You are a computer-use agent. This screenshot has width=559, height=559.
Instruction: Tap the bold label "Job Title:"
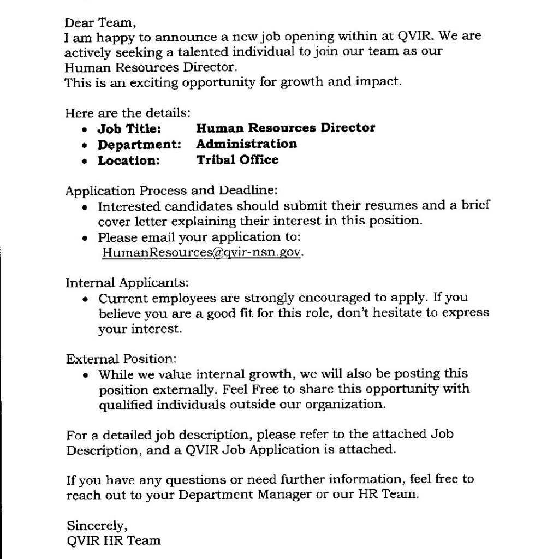pos(129,129)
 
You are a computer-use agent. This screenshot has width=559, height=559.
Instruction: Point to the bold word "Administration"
pos(246,144)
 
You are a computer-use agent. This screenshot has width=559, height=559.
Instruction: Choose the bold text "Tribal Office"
pos(237,160)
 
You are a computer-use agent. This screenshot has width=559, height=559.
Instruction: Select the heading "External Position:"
pos(122,359)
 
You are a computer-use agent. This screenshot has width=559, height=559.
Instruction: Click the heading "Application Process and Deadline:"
pos(172,192)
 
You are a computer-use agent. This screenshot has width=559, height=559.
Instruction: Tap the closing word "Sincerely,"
pos(97,526)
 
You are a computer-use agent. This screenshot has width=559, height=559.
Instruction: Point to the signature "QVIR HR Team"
pos(114,541)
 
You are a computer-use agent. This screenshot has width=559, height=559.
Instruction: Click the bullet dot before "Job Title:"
pos(84,130)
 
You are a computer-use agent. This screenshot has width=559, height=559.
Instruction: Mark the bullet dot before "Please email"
pos(84,239)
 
